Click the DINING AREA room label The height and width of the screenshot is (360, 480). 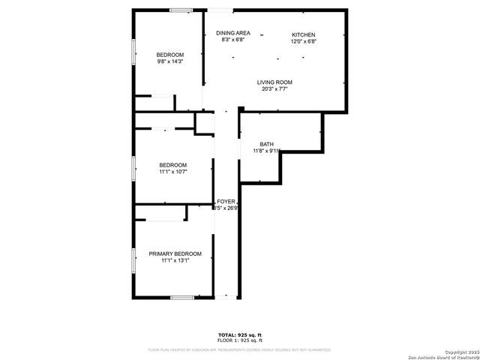pyautogui.click(x=233, y=33)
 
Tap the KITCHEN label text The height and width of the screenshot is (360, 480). pyautogui.click(x=304, y=34)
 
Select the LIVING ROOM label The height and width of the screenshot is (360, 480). pyautogui.click(x=274, y=82)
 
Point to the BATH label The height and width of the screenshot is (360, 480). pyautogui.click(x=267, y=144)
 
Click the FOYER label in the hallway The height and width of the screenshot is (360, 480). pyautogui.click(x=226, y=202)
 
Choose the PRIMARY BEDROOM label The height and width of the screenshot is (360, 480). pyautogui.click(x=175, y=254)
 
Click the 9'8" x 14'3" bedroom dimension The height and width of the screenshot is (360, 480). pyautogui.click(x=169, y=62)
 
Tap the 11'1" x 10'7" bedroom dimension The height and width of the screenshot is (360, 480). pyautogui.click(x=172, y=172)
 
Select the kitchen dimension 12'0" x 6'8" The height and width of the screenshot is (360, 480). pyautogui.click(x=304, y=41)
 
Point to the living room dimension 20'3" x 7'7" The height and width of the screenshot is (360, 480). pyautogui.click(x=274, y=89)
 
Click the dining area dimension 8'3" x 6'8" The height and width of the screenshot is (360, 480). pyautogui.click(x=233, y=40)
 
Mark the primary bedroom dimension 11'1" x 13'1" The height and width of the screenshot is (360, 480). pyautogui.click(x=175, y=261)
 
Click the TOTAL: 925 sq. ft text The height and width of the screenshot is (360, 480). pyautogui.click(x=240, y=334)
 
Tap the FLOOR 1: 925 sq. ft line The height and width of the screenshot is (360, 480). pyautogui.click(x=240, y=340)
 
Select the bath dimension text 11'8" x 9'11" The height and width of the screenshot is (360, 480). pyautogui.click(x=267, y=151)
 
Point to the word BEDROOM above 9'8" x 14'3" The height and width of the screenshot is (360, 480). pyautogui.click(x=169, y=55)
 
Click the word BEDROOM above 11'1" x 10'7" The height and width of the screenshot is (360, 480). pyautogui.click(x=172, y=165)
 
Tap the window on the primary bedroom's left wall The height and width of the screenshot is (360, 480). pyautogui.click(x=133, y=259)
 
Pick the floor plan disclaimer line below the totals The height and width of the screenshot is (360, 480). pyautogui.click(x=240, y=349)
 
